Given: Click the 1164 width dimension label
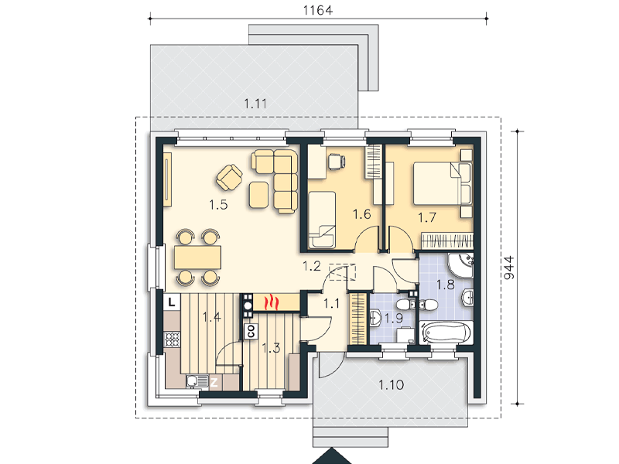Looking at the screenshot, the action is (318, 10).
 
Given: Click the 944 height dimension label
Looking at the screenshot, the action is (510, 268).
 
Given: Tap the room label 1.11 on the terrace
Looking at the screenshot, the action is (255, 104).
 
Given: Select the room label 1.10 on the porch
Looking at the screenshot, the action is (392, 384).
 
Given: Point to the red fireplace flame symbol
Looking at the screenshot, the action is (272, 302).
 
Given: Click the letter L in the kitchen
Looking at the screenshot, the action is (172, 302).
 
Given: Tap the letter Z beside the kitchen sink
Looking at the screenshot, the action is (214, 382).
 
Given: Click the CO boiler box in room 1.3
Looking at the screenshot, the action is (251, 331).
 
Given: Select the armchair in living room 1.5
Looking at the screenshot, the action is (229, 177).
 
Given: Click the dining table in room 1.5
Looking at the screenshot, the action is (198, 257).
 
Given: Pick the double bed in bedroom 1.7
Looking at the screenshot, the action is (442, 184).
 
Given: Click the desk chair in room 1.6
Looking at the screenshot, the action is (336, 162).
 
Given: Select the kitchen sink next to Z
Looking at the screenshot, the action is (197, 381).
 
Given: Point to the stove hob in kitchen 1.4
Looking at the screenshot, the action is (172, 339).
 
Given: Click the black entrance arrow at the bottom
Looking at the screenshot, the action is (332, 456).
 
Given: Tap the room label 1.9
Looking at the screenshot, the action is (394, 318).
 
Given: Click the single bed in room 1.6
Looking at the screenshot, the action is (322, 220).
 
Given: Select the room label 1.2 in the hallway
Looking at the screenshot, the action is (312, 266).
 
